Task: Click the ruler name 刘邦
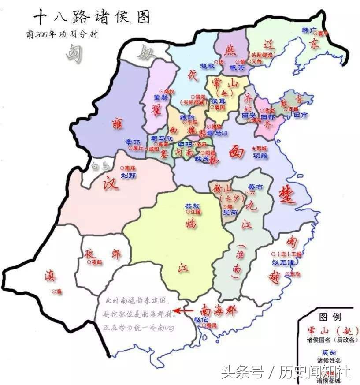point(128,175)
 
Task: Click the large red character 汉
point(111,183)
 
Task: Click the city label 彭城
point(261,149)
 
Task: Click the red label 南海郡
point(219,310)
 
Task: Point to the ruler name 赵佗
point(201,319)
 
